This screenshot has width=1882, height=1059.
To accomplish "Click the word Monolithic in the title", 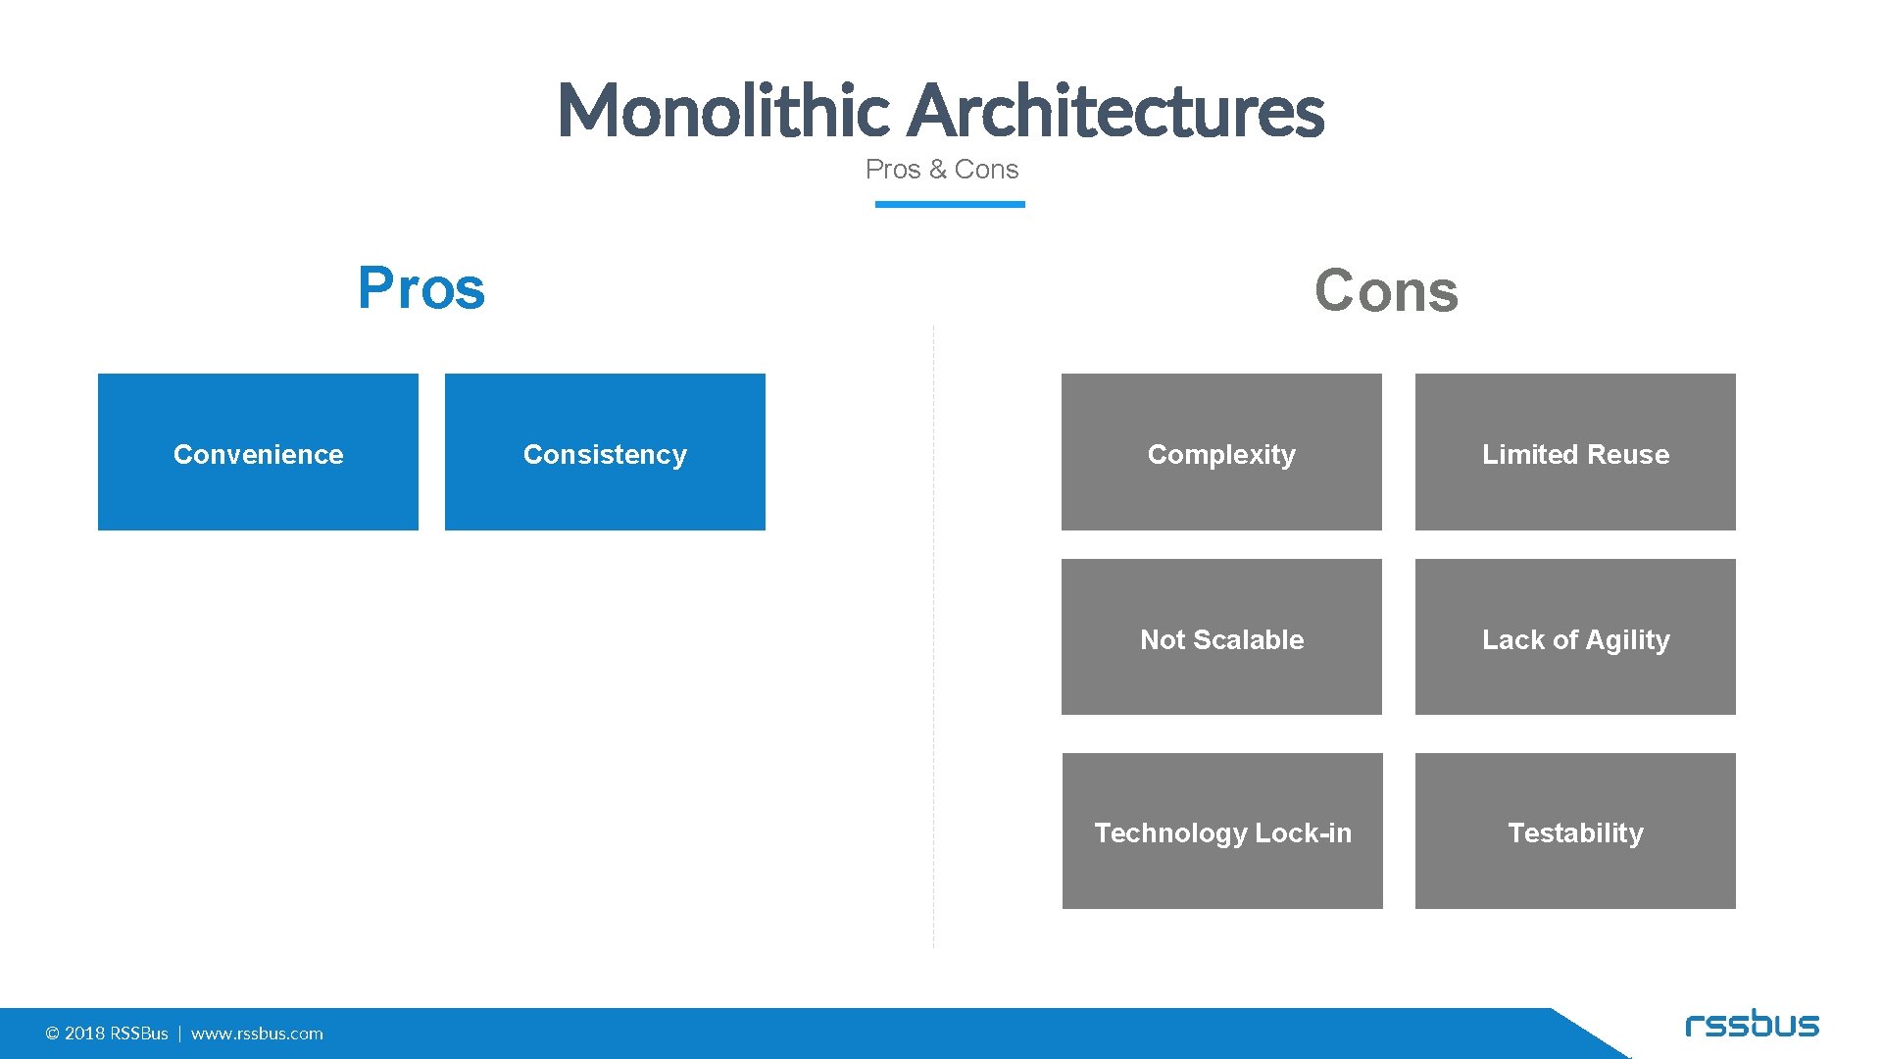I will coord(722,110).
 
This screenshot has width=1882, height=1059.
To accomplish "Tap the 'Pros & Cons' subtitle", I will coord(941,170).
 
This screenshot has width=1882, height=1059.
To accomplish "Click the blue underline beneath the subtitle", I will coord(949,204).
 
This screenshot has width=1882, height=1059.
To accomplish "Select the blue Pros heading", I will coord(421,288).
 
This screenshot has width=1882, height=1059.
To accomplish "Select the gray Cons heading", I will coord(1386,291).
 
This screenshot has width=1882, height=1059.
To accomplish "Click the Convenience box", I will coord(258,452).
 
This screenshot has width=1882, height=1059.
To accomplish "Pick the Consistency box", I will coord(605,452).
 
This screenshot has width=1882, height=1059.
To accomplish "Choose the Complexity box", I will coord(1221,452).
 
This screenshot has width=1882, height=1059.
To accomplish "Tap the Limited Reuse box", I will coord(1575,452).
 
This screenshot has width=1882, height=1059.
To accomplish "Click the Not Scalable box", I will coord(1221,637).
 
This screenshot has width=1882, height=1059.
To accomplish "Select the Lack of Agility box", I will coord(1575,637).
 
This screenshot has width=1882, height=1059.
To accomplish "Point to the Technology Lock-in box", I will coord(1222,832).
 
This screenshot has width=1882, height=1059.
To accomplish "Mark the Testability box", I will coord(1575,832).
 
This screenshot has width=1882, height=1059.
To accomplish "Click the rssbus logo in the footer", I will coord(1752,1025).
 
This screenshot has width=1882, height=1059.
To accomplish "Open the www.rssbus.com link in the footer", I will coord(257,1034).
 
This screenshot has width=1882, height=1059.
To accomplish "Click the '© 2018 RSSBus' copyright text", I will coord(107,1034).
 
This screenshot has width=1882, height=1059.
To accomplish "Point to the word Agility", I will coord(1627,640).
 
